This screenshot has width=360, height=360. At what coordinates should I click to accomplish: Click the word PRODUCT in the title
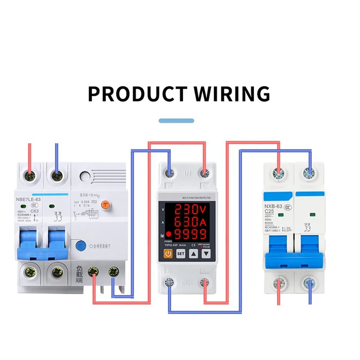point(136,94)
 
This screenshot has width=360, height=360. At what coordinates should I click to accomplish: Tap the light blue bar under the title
point(177,121)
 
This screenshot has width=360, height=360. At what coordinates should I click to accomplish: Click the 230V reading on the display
point(190,210)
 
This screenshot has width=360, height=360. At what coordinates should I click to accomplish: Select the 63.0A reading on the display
point(190,222)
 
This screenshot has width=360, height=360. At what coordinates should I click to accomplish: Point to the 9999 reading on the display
point(190,234)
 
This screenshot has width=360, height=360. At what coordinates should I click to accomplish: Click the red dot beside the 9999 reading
point(168,234)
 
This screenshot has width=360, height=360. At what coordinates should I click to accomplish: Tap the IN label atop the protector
point(188,173)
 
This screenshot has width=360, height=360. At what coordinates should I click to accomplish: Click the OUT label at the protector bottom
point(188,283)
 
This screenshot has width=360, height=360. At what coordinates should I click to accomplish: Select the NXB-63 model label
point(273,207)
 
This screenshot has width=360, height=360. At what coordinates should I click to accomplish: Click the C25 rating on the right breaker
point(270,212)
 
